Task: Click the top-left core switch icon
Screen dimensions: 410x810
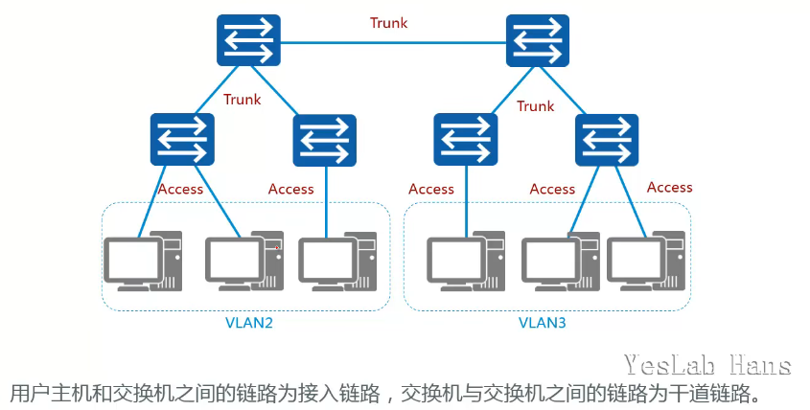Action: click(x=249, y=39)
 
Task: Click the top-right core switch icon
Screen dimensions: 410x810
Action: click(x=538, y=39)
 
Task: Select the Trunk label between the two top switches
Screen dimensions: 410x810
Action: click(x=389, y=23)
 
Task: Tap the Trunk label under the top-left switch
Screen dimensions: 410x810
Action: click(x=243, y=100)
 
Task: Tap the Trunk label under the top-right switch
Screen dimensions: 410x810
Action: click(x=536, y=105)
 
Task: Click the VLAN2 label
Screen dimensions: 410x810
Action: click(x=249, y=323)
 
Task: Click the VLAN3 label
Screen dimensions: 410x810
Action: click(x=543, y=323)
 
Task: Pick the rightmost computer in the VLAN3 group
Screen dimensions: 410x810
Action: click(x=647, y=261)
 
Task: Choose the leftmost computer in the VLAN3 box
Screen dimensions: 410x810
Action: click(x=466, y=261)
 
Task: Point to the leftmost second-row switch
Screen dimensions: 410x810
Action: click(x=182, y=139)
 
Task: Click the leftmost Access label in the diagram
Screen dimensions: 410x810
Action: click(x=180, y=189)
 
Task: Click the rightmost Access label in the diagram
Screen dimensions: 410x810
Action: click(x=669, y=187)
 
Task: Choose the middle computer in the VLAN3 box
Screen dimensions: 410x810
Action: click(x=559, y=261)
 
